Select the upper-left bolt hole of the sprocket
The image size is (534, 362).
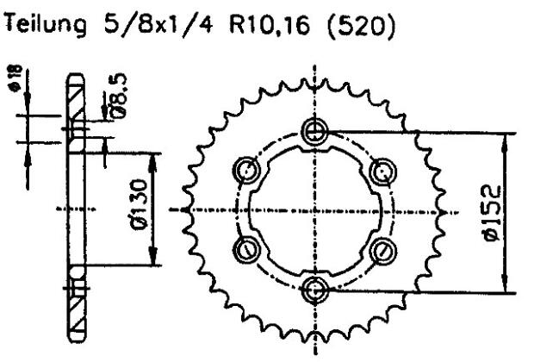point(247,170)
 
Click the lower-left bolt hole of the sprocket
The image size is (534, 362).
point(247,249)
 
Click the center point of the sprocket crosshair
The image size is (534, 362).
point(314,209)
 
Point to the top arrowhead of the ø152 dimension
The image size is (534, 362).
point(506,139)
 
